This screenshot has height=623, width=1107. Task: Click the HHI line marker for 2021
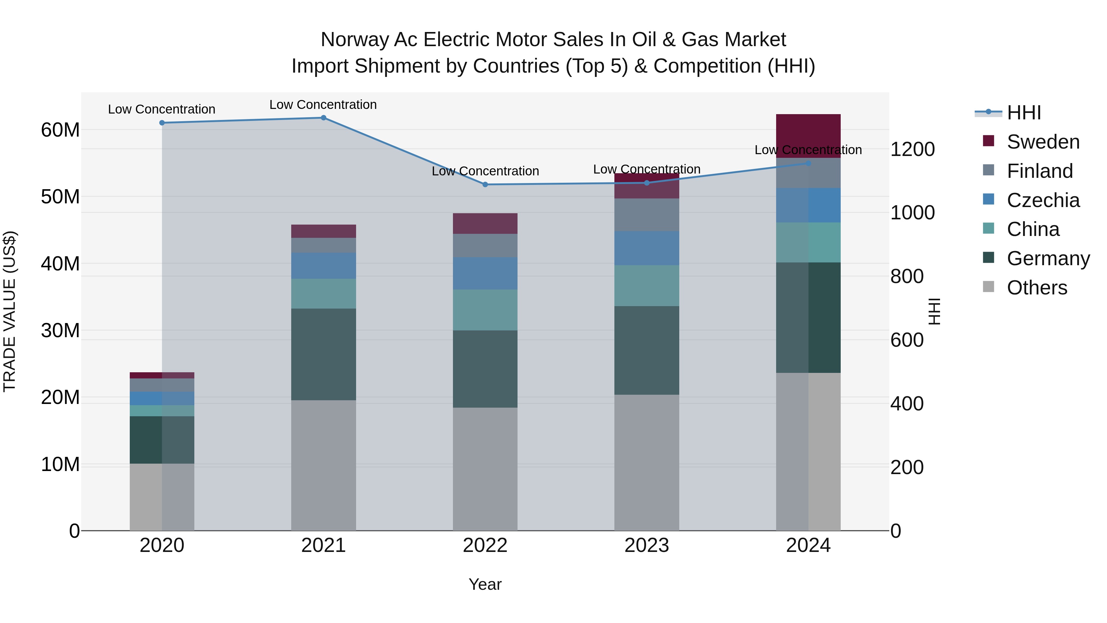coord(323,118)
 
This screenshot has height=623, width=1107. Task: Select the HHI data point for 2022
coord(485,185)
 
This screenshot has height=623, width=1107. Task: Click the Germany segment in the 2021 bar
coord(323,354)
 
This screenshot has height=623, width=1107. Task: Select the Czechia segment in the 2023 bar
coord(647,248)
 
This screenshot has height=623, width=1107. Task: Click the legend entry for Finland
coord(1040,171)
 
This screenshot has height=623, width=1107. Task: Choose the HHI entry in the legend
coord(1024,113)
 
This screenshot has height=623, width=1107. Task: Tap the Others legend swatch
coord(988,287)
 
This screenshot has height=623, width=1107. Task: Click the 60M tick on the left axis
coord(60,130)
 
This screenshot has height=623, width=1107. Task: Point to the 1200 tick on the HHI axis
coord(912,150)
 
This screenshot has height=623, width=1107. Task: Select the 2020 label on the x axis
coord(162,545)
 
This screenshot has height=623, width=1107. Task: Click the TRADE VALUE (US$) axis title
coord(10,311)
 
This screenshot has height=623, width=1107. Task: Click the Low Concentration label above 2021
coord(323,105)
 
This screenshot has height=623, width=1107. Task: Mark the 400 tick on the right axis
coord(907,404)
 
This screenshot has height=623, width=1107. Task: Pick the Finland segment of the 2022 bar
coord(485,246)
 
